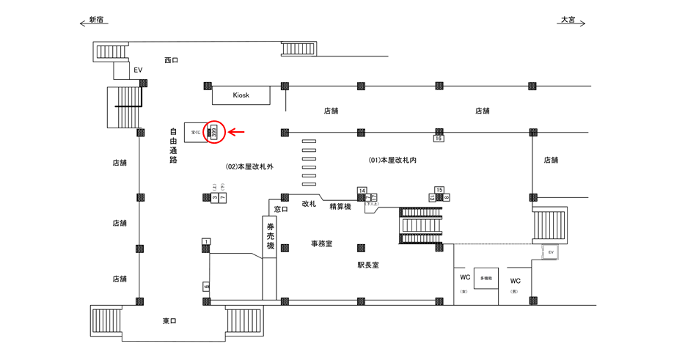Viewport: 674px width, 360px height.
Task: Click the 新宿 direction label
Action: point(96,20)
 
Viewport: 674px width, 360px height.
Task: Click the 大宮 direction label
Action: point(568,20)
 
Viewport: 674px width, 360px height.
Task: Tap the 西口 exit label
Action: point(171,60)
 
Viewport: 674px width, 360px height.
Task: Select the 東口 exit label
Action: point(169,321)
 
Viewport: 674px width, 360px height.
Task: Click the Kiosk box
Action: point(241,95)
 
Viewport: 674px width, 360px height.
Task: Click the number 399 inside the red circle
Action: point(214,132)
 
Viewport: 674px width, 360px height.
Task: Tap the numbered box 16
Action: point(439,138)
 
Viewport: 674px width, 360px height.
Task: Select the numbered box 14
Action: point(362,191)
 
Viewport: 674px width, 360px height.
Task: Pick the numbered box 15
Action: point(439,191)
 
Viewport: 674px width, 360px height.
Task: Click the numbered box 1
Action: point(207,241)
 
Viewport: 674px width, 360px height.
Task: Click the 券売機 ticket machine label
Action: point(270,237)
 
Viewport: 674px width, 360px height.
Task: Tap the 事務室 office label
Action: point(320,243)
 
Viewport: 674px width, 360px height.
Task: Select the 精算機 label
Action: point(340,207)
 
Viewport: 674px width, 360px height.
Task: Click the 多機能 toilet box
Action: point(486,279)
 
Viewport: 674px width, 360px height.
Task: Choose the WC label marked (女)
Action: point(464,279)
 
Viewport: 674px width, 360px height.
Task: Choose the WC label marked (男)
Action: point(515,281)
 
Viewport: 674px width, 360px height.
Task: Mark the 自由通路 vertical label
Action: point(173,145)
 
